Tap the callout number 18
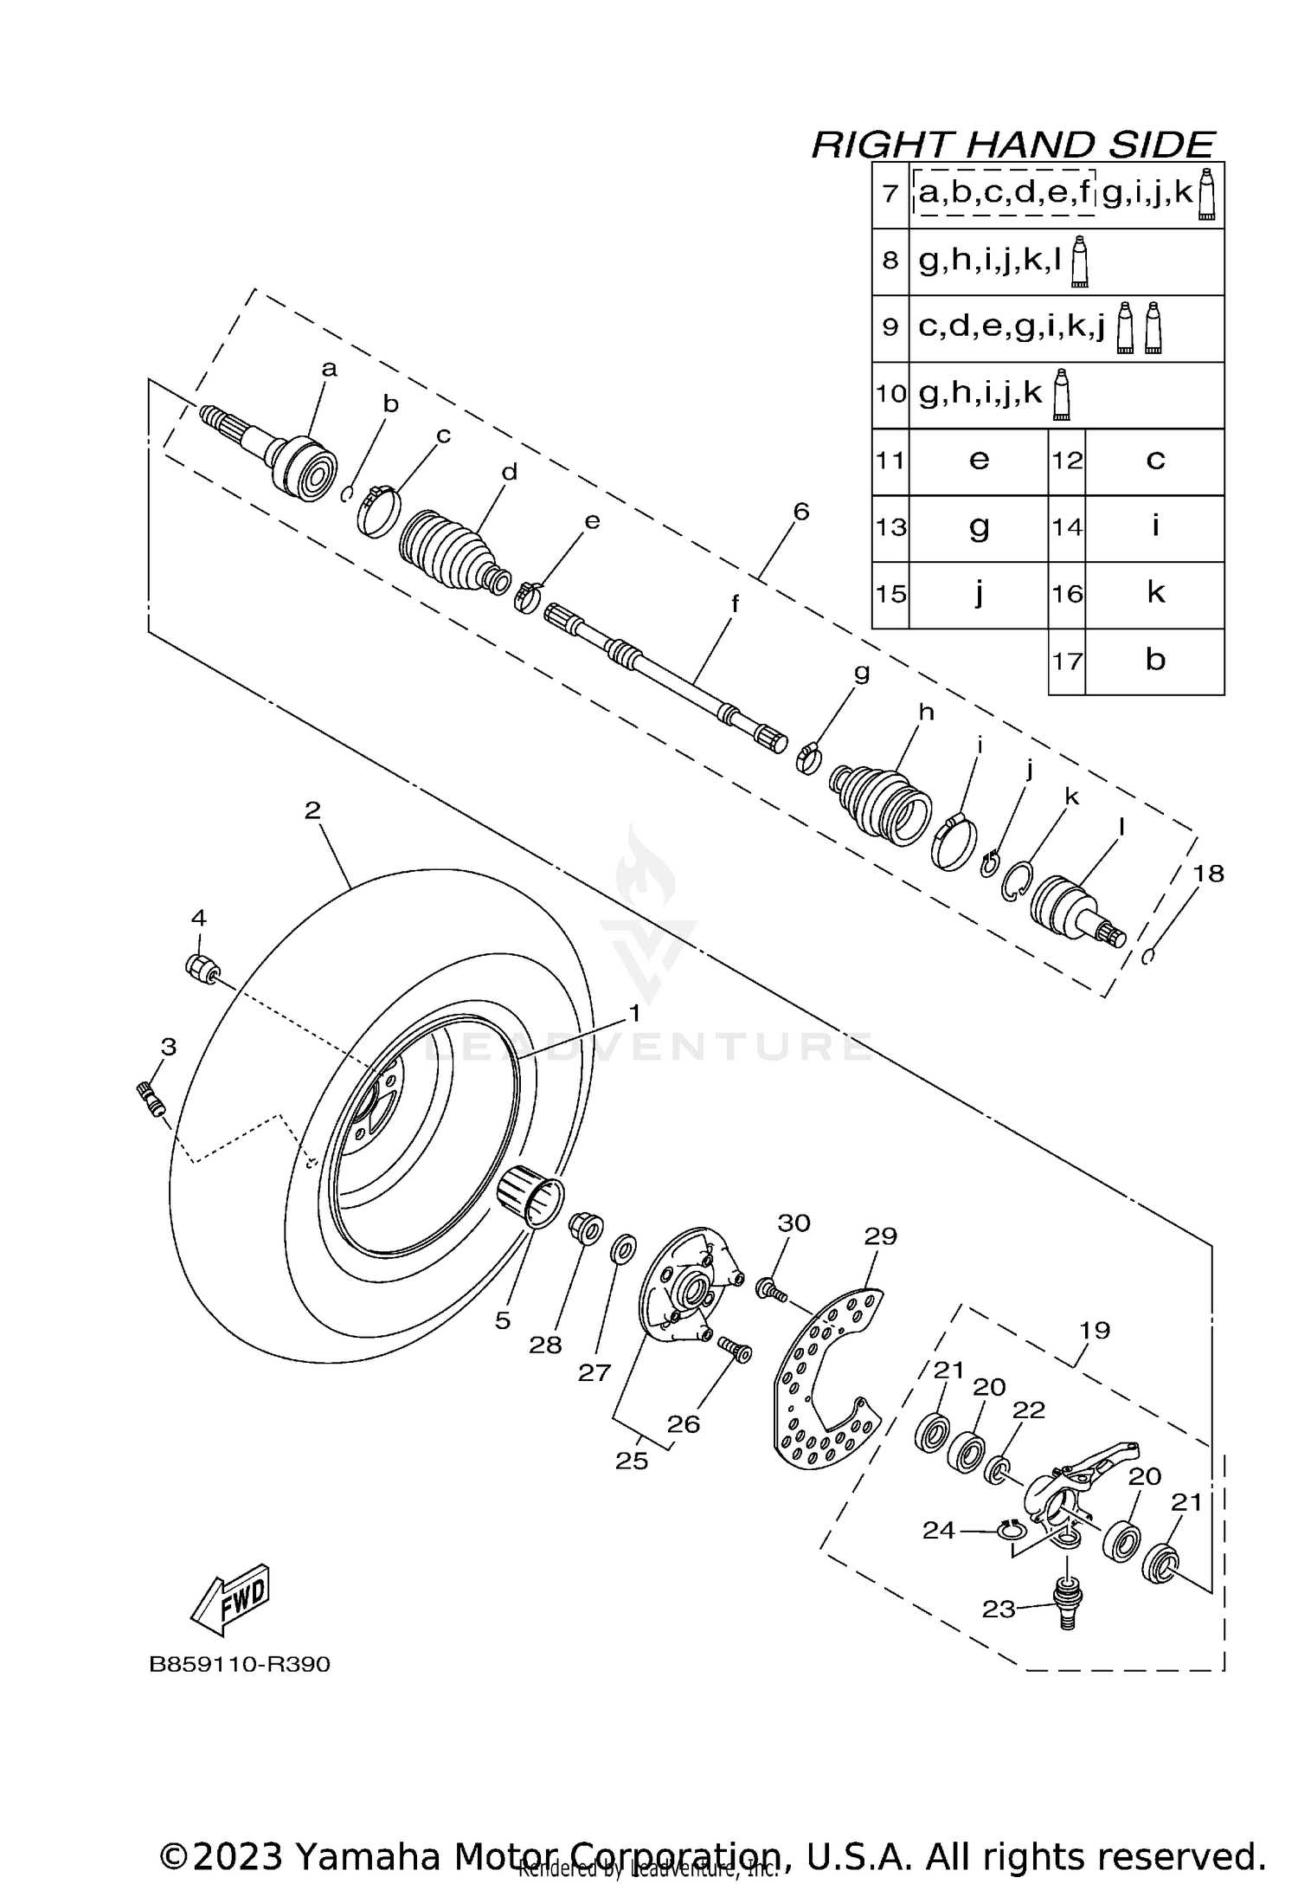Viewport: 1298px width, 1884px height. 1208,874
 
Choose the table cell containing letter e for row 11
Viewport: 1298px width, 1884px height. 979,460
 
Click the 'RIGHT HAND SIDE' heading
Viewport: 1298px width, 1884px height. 1012,144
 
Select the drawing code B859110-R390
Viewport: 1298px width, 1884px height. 240,1664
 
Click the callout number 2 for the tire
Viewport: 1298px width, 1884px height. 312,810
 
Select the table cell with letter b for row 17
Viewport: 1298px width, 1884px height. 1154,661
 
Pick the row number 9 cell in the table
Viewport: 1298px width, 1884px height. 890,327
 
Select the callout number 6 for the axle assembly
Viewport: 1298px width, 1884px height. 800,512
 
